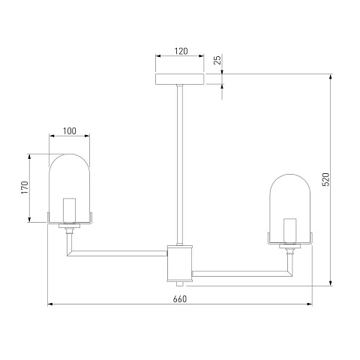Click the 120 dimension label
(181, 51)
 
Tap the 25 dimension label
(218, 60)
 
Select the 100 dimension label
(69, 131)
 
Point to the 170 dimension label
(25, 187)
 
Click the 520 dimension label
(326, 179)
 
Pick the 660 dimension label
(180, 299)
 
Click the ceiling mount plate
(180, 79)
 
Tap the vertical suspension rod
(180, 165)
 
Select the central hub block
(180, 263)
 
